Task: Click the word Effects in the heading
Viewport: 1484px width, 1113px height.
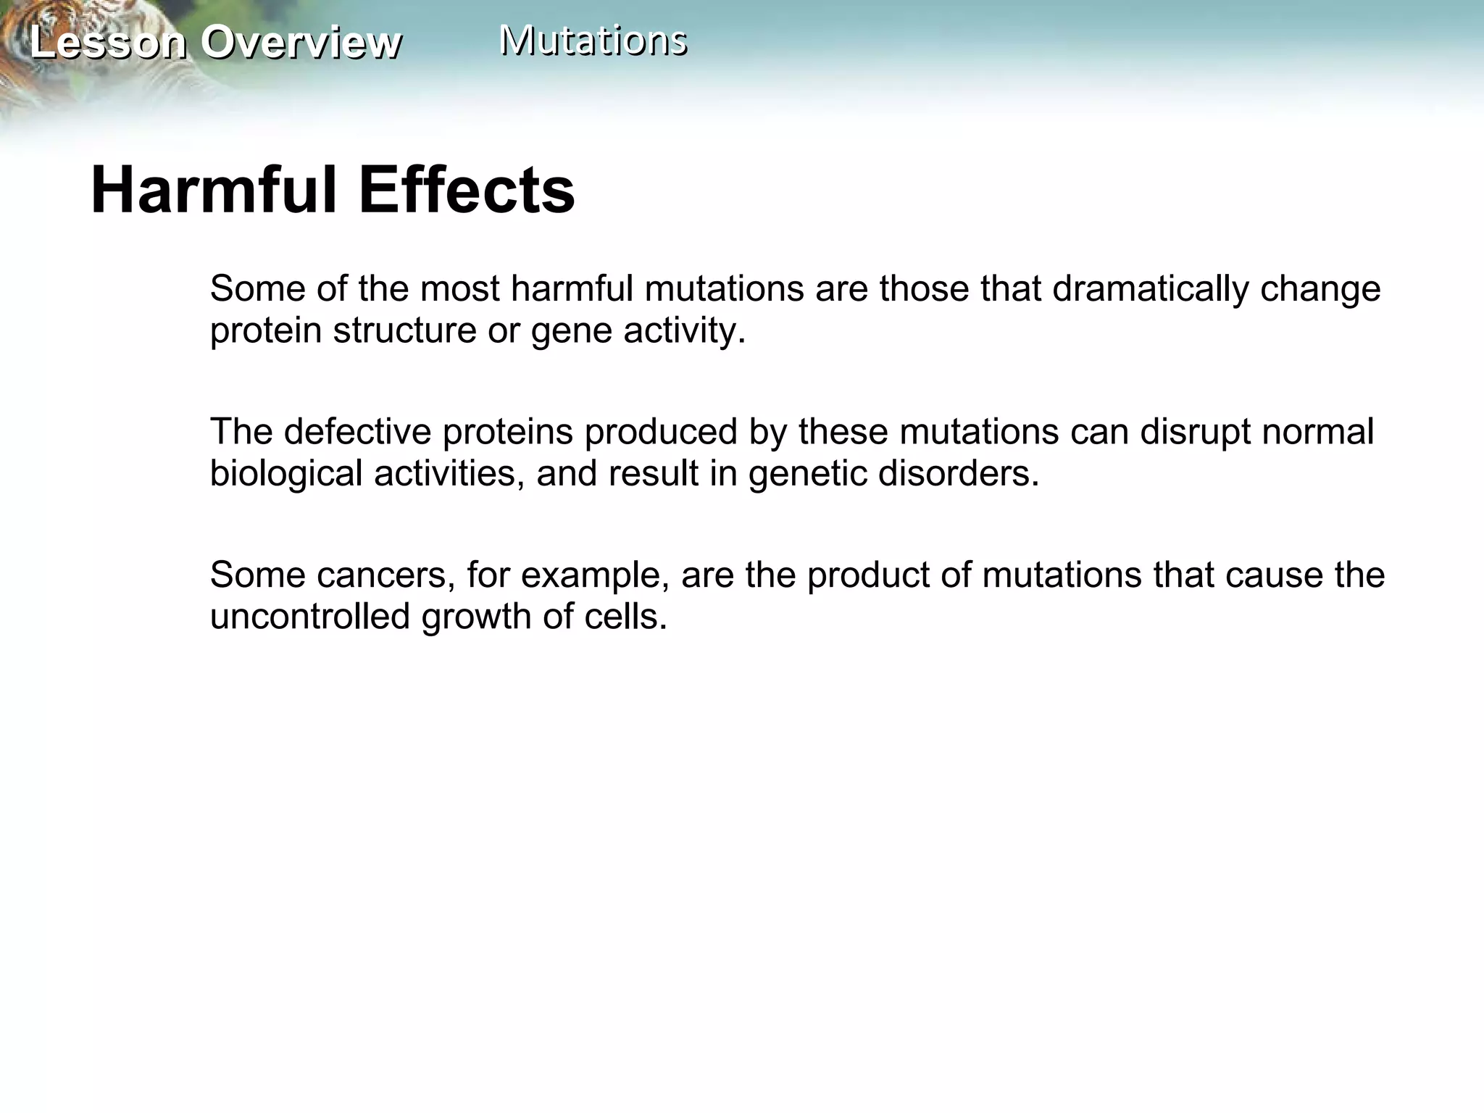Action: point(466,191)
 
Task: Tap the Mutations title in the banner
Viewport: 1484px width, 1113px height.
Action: point(593,41)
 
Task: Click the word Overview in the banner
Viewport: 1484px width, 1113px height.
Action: point(301,43)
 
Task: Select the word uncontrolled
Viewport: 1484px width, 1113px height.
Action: point(309,617)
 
